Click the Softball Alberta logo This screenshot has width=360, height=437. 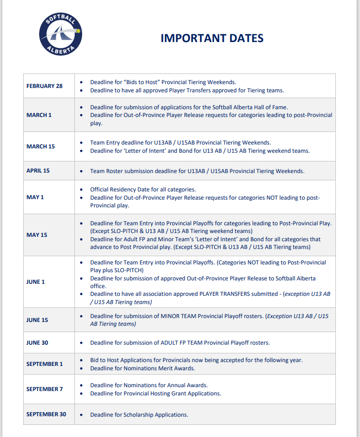tap(61, 33)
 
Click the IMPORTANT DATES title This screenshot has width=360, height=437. tap(212, 38)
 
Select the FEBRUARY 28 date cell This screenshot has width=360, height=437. tap(44, 86)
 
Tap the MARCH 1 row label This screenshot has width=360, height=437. tap(39, 115)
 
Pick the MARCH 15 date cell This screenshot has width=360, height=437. tap(41, 146)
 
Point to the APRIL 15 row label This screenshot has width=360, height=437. tap(38, 171)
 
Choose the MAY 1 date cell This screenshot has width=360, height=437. tap(35, 197)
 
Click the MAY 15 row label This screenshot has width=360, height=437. tap(37, 235)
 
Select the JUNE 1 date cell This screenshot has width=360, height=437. tap(36, 282)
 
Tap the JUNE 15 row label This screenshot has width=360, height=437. tap(37, 320)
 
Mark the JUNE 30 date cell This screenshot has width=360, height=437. tap(37, 343)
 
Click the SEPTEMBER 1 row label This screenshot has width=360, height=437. tap(44, 364)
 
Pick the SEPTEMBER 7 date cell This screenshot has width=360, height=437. tap(44, 389)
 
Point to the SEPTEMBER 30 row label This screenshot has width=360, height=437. tap(46, 414)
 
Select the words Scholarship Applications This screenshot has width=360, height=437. tap(155, 415)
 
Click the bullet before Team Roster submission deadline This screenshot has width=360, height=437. tap(81, 171)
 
